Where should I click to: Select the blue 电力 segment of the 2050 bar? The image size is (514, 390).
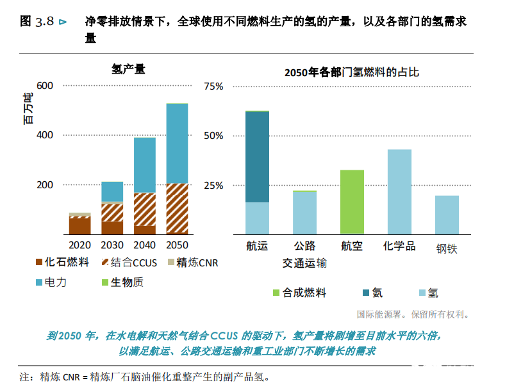[177, 143]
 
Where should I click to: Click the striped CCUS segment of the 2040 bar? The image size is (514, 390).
[144, 209]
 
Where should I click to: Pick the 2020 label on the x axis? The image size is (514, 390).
[79, 245]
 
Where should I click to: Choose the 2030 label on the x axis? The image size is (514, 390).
[112, 245]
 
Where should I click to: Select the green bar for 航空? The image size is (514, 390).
[352, 202]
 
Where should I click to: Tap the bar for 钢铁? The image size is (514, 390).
[447, 215]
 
